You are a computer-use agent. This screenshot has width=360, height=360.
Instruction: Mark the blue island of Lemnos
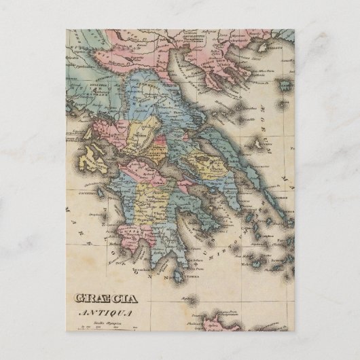[x=284, y=83]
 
